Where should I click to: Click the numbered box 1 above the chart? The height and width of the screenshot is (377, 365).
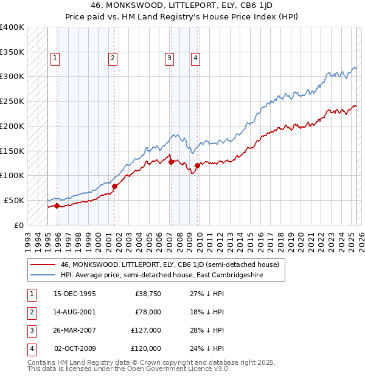point(55,58)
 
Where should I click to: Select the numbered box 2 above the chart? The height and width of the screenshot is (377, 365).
point(113,58)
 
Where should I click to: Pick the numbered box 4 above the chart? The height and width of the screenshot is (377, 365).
point(195,58)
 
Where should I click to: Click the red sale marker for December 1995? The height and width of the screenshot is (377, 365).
point(57,206)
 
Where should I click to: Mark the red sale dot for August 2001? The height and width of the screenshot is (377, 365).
point(114,186)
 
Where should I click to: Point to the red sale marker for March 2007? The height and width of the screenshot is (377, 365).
point(171,162)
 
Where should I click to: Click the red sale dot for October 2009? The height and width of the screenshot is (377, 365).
point(198,165)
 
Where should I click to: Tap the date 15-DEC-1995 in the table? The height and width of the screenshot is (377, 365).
point(75,294)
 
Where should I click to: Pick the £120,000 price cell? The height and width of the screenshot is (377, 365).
point(146,348)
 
